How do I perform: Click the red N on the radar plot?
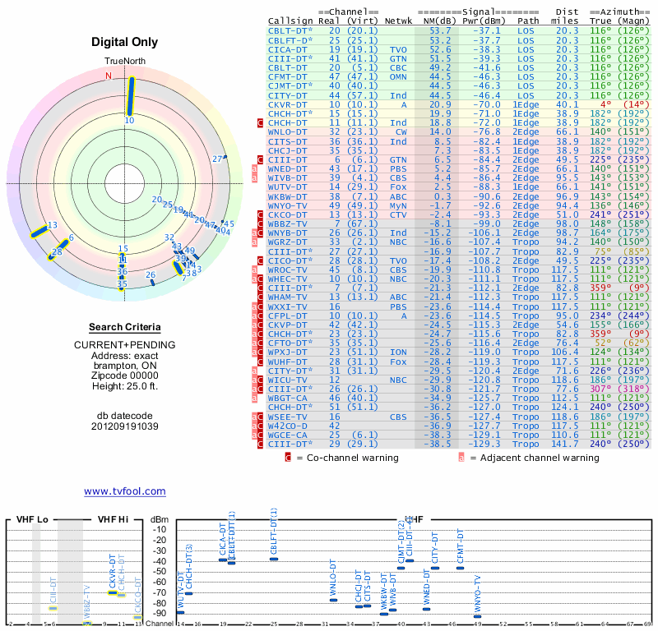click(108, 76)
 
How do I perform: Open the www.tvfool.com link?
click(124, 491)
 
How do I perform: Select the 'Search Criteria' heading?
click(124, 327)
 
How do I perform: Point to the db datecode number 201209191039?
click(124, 426)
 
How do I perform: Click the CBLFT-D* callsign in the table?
click(290, 39)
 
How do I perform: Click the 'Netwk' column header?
click(397, 21)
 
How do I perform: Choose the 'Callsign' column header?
click(290, 21)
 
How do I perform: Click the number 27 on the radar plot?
click(218, 159)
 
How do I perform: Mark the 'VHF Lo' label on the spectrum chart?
click(32, 520)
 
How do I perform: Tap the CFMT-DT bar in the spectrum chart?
click(461, 568)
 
